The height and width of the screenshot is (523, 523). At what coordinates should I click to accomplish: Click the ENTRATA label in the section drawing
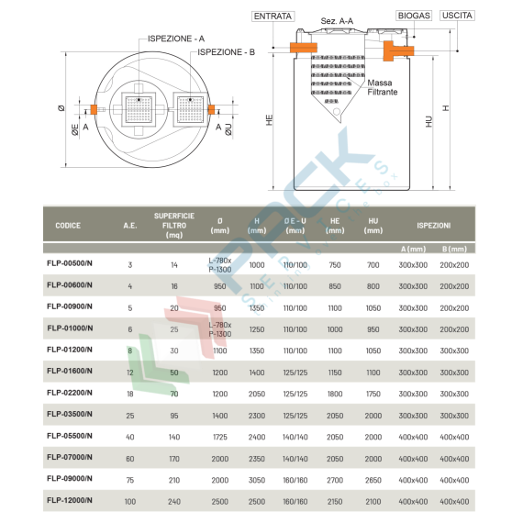coord(273,17)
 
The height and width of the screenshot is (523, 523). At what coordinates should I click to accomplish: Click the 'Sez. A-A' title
coord(338,20)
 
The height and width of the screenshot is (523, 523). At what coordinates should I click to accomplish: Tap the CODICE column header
coord(68,225)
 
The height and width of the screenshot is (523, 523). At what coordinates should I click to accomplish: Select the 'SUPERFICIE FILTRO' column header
coord(174,225)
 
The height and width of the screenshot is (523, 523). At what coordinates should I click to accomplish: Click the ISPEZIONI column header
coord(433,225)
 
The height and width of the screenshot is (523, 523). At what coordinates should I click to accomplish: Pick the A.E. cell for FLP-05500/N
coord(130,436)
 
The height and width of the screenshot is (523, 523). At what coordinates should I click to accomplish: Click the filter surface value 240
coord(174,500)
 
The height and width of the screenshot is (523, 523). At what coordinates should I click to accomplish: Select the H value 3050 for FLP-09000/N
coord(257,479)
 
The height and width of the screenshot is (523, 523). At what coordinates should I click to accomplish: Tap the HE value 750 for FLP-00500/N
coord(335,264)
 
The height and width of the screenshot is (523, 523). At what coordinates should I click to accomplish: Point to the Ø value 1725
coord(219,436)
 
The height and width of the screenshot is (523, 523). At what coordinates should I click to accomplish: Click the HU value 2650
coord(373,479)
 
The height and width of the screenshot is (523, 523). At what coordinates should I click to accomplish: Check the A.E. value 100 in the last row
coord(130,500)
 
